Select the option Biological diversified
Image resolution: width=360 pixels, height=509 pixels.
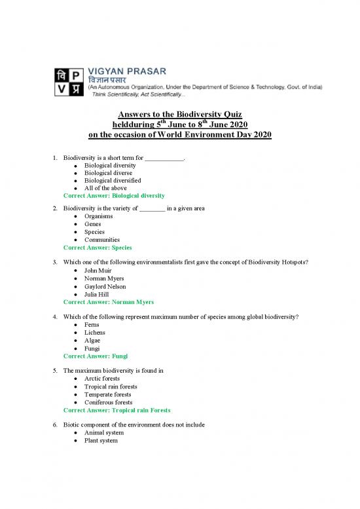[x=112, y=180]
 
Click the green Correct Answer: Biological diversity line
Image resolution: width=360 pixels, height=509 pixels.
[x=113, y=196]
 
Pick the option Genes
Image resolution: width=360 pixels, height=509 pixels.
[x=94, y=224]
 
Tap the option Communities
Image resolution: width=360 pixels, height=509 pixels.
[x=101, y=240]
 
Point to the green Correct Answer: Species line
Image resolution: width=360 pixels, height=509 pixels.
[x=98, y=248]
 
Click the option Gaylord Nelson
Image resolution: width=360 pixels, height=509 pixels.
[x=105, y=286]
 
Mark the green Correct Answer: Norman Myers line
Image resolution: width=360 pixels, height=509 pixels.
[x=108, y=303]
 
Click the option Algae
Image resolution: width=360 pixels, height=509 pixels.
[x=94, y=341]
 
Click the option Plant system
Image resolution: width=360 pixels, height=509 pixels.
[x=101, y=441]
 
